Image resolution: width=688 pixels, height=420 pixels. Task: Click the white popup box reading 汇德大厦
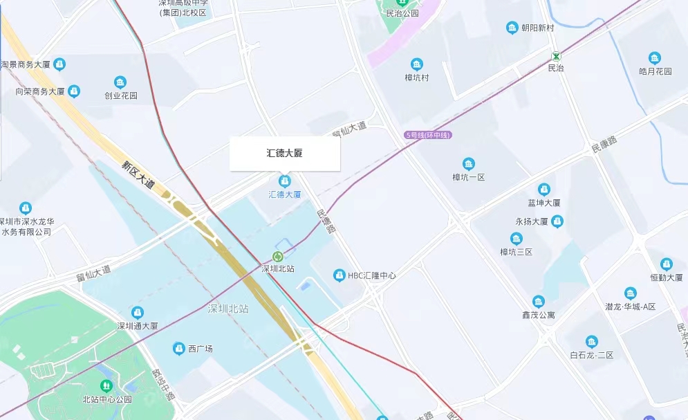click(x=284, y=154)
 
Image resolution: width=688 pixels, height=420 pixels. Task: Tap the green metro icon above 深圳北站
click(x=278, y=257)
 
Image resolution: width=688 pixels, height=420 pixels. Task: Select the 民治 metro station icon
click(x=556, y=55)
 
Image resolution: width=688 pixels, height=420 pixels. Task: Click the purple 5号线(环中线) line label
click(x=428, y=135)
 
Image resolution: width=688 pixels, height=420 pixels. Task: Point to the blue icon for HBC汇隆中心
click(x=339, y=275)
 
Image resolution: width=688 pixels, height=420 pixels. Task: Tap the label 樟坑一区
click(x=469, y=177)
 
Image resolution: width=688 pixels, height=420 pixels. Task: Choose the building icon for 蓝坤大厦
click(x=544, y=190)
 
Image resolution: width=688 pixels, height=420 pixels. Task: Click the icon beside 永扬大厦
click(x=557, y=221)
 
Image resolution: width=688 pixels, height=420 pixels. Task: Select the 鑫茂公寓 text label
click(x=538, y=315)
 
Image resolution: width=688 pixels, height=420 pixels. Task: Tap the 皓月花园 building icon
click(x=655, y=59)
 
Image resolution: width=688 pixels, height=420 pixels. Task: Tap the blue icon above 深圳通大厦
click(x=138, y=313)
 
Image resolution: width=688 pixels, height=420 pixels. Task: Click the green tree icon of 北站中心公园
click(x=106, y=386)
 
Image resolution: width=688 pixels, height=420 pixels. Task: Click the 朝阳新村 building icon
click(x=512, y=28)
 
